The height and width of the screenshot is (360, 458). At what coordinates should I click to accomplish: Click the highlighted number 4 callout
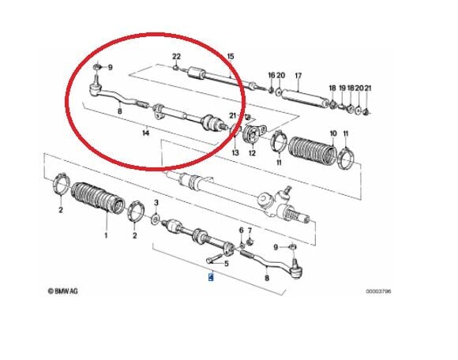[x=210, y=276]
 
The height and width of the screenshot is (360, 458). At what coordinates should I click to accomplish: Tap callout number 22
[x=177, y=55]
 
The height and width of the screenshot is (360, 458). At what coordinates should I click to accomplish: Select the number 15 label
[x=231, y=55]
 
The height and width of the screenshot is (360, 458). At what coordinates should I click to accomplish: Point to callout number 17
[x=298, y=77]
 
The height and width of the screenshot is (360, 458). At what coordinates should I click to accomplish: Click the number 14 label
[x=145, y=134]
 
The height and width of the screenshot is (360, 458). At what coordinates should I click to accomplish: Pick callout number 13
[x=235, y=152]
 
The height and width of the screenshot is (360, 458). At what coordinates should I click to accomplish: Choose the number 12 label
[x=252, y=152]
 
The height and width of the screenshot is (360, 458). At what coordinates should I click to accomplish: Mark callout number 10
[x=332, y=133]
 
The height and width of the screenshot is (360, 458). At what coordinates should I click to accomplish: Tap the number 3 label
[x=156, y=204]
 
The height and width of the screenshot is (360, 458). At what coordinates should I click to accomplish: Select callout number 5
[x=226, y=264]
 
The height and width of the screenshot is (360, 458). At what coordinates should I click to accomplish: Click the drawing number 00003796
[x=377, y=291]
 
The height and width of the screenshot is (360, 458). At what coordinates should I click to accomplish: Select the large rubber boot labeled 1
[x=98, y=201]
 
